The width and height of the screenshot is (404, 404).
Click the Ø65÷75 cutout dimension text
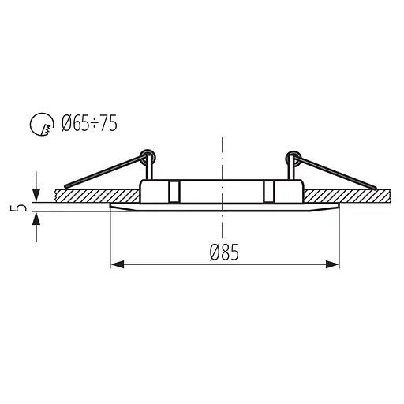tap(91, 124)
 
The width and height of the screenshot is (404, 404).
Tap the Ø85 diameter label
tap(224, 252)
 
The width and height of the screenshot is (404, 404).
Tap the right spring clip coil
tap(292, 154)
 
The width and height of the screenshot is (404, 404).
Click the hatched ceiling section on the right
tap(347, 193)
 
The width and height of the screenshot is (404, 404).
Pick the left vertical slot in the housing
tap(171, 191)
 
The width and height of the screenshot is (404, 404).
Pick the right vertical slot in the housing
tap(269, 191)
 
